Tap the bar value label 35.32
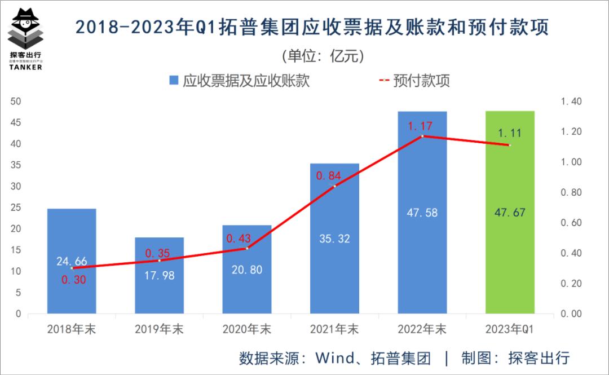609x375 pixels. (x=334, y=239)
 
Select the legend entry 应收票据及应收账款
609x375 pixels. (x=239, y=81)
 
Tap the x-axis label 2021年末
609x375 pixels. (x=334, y=329)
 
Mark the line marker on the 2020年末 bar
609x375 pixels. (x=246, y=248)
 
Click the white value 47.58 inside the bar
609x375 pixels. (x=422, y=213)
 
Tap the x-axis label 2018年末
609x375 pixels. (x=72, y=329)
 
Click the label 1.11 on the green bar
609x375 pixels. (x=509, y=133)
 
